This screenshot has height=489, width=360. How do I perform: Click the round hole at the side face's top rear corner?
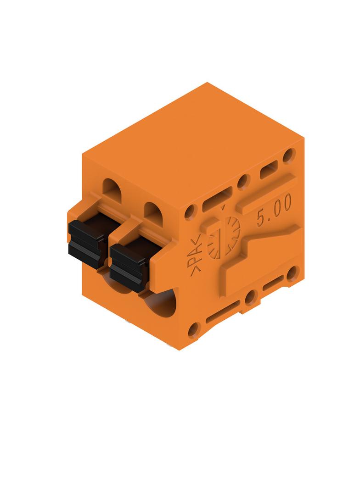click(x=289, y=156)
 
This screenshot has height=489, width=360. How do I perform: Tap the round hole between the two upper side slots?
click(x=243, y=182)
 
